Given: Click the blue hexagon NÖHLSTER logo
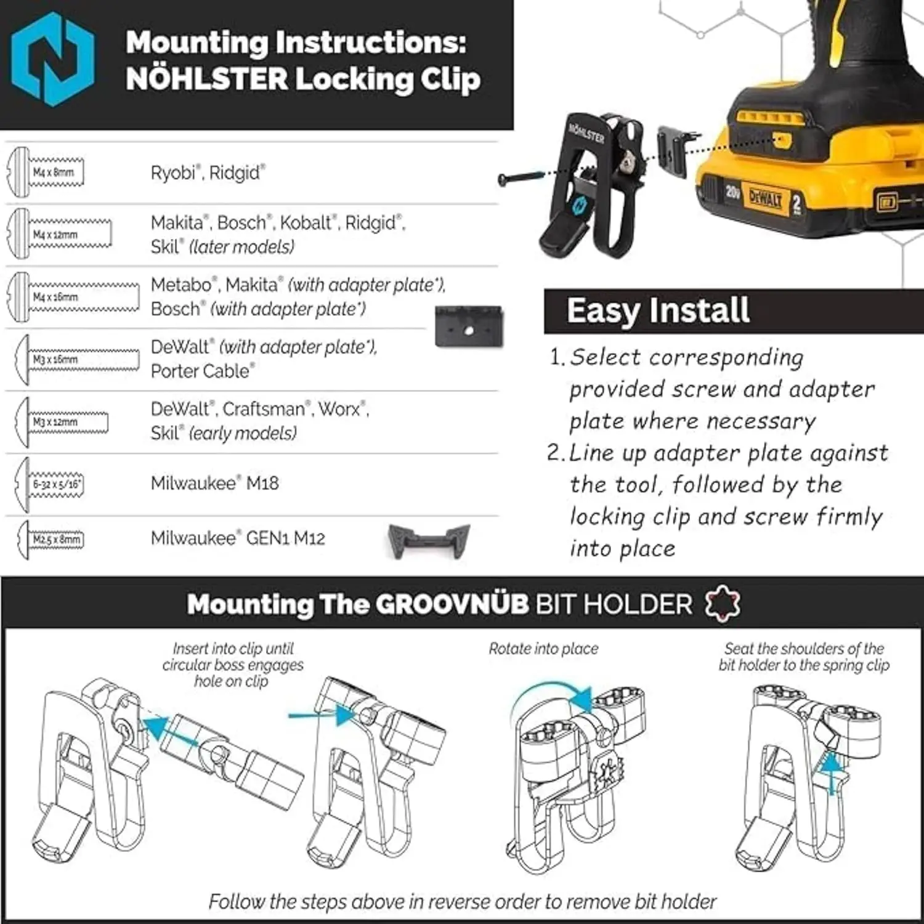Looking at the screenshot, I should pyautogui.click(x=53, y=59).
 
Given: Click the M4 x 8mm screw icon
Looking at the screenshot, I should pyautogui.click(x=46, y=172).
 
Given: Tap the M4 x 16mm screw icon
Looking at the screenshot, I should pyautogui.click(x=73, y=297).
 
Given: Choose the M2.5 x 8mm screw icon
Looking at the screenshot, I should pyautogui.click(x=52, y=540).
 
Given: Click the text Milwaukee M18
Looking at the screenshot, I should pyautogui.click(x=214, y=484).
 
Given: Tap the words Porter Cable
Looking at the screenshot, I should pyautogui.click(x=202, y=371).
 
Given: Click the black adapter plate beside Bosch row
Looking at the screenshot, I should pyautogui.click(x=469, y=326).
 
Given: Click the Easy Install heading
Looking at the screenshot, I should pyautogui.click(x=658, y=310).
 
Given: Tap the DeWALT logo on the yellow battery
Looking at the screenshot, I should pyautogui.click(x=765, y=199).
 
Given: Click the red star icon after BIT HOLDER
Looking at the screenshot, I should pyautogui.click(x=723, y=604).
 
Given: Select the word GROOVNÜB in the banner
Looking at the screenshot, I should pyautogui.click(x=452, y=604).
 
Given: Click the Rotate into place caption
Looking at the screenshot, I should pyautogui.click(x=543, y=649).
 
